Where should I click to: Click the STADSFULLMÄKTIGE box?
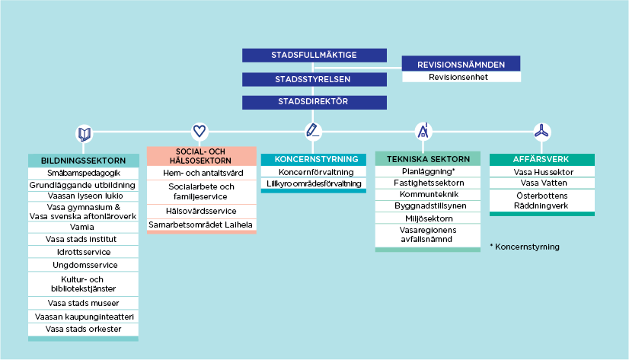[314, 55]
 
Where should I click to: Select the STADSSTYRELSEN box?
[314, 78]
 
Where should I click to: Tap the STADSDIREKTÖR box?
[314, 101]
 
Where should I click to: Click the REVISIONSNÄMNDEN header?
[461, 65]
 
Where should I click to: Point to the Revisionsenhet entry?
[461, 77]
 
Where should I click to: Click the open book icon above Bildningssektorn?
[84, 134]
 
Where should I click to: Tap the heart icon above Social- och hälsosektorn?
[200, 131]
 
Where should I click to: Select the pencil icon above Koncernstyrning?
[312, 130]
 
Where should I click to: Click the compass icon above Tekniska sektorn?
[423, 131]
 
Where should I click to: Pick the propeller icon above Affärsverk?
[541, 131]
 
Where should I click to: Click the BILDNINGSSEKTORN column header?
[84, 161]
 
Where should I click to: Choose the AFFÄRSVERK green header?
[541, 160]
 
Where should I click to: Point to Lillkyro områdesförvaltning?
[314, 184]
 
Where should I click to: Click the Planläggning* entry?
[428, 172]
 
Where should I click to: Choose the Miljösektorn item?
[428, 218]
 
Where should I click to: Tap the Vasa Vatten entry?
[541, 183]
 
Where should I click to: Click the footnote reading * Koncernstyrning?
[525, 247]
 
